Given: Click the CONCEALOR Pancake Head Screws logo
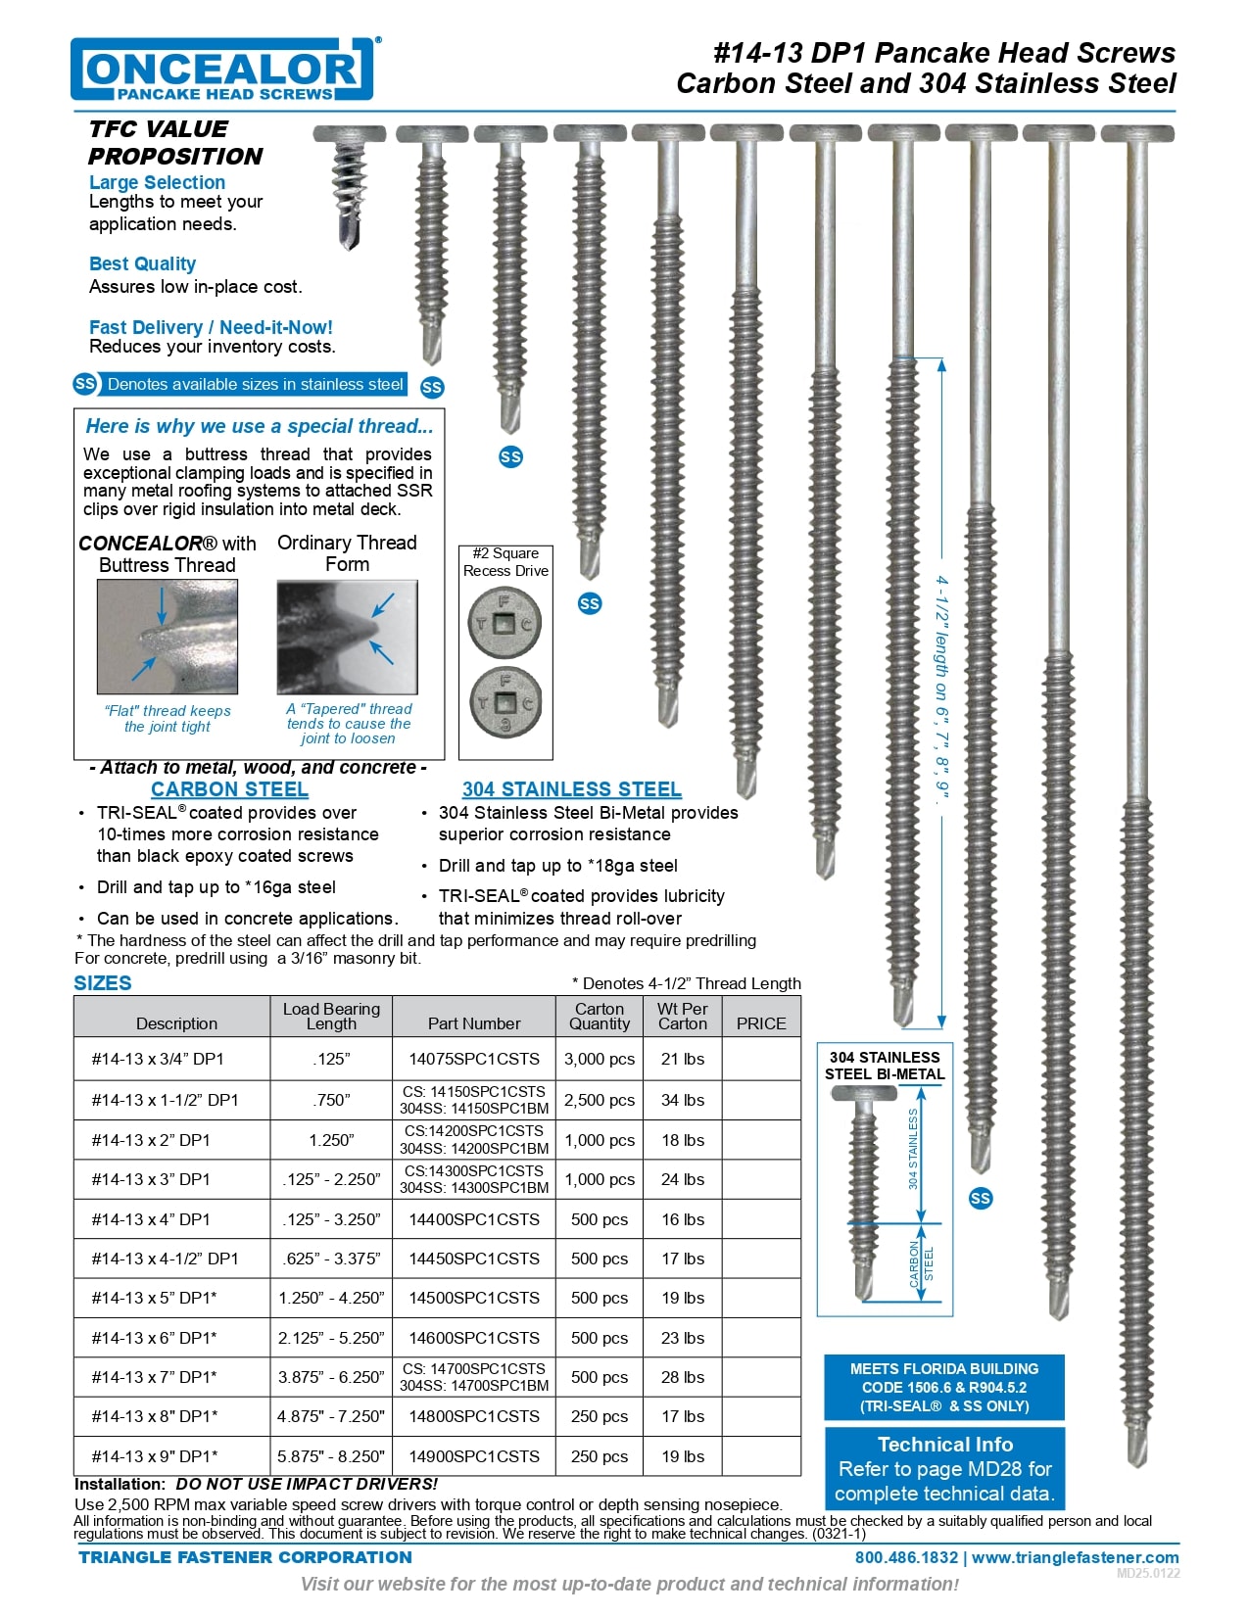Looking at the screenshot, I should click(x=221, y=70).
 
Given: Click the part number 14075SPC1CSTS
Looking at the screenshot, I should click(x=474, y=1059).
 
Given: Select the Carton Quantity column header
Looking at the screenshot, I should click(x=600, y=1017).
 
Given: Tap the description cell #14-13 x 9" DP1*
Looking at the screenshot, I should click(x=155, y=1456).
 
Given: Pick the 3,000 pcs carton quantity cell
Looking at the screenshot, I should click(x=600, y=1059).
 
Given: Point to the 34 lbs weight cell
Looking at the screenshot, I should click(x=683, y=1100).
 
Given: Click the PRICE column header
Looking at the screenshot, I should click(x=761, y=1023).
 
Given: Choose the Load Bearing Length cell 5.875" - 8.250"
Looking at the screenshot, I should click(x=331, y=1456).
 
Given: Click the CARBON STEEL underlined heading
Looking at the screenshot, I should click(x=229, y=789).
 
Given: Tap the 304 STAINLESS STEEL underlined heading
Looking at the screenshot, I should click(x=572, y=789).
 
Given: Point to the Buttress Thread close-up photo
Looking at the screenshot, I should click(x=168, y=637).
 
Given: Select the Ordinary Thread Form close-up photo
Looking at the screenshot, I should click(x=347, y=637).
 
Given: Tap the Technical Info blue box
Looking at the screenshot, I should click(x=944, y=1468).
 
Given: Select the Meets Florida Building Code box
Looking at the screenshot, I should click(x=944, y=1387).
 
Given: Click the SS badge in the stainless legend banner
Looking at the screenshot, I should click(x=85, y=384).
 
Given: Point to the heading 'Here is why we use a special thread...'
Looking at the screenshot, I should click(x=260, y=426).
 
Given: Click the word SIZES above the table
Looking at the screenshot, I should click(x=103, y=983).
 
